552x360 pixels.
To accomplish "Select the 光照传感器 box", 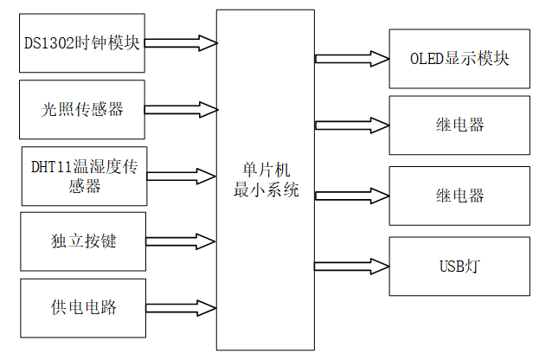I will click(x=82, y=109).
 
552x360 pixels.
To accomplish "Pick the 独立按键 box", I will click(x=83, y=241).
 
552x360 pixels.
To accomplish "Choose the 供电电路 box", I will click(x=83, y=307).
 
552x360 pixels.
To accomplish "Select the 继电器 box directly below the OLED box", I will click(x=459, y=125).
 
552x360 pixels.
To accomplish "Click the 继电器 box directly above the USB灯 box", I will click(x=459, y=195).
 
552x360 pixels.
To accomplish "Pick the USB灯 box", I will click(x=459, y=264).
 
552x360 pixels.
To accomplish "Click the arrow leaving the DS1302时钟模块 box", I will click(x=181, y=42).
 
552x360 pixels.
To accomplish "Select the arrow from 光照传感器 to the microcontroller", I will click(x=181, y=109).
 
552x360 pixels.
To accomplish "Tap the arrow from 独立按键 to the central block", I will click(x=181, y=241).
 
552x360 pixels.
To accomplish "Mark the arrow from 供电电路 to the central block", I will click(x=181, y=307).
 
